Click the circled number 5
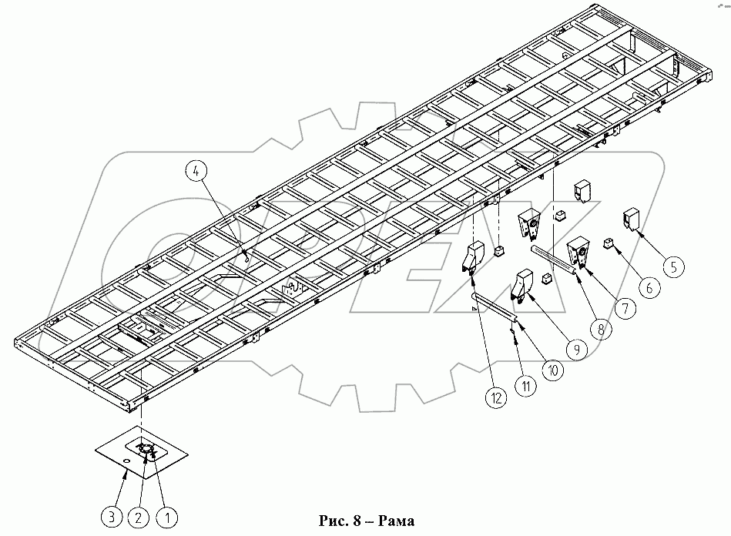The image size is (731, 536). tap(674, 267)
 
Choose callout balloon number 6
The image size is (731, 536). tap(649, 288)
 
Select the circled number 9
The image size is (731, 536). tap(575, 349)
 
